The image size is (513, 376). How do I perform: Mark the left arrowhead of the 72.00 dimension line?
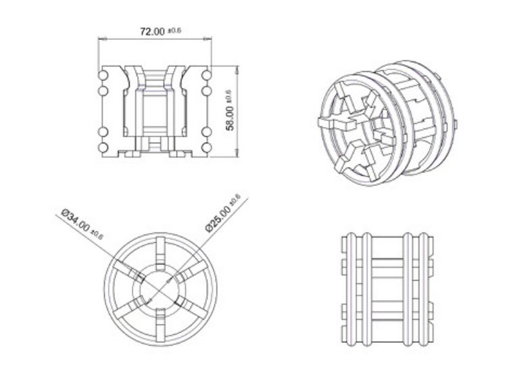coord(101,39)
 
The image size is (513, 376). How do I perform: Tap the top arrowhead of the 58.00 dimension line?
coord(237,68)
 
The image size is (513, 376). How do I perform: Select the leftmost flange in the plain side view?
coord(349,289)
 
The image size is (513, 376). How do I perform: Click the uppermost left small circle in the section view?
coord(104,74)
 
